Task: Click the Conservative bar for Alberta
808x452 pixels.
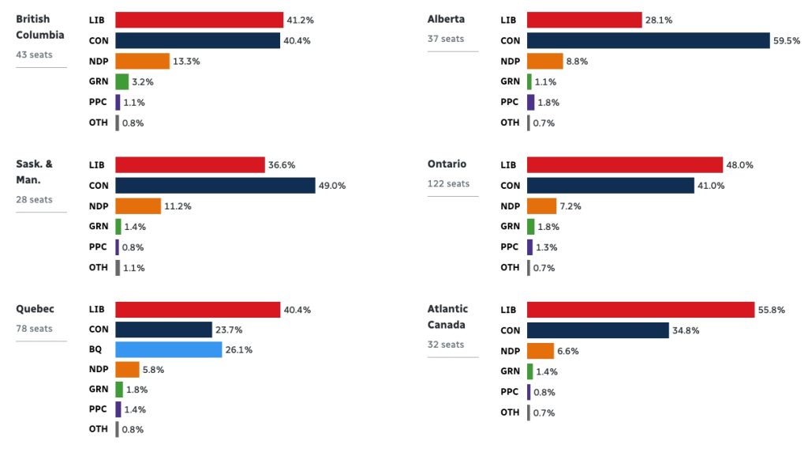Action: [x=648, y=40]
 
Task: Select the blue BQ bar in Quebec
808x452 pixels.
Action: [x=168, y=349]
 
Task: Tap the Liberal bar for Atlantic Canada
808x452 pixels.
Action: [x=641, y=310]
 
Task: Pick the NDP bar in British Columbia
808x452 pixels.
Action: [x=142, y=61]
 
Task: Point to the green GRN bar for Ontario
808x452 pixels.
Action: [x=530, y=226]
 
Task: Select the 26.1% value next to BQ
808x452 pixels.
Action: [x=238, y=349]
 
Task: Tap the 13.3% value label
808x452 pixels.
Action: [x=185, y=61]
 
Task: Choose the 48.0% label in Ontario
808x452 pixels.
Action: [x=739, y=164]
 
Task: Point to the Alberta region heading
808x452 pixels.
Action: [x=446, y=19]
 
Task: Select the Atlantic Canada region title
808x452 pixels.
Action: [x=447, y=317]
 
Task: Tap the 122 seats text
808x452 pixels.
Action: [x=448, y=184]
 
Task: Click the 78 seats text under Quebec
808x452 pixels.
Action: [x=34, y=329]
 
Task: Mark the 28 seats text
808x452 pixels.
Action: [x=34, y=200]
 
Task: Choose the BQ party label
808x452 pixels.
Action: [x=96, y=350]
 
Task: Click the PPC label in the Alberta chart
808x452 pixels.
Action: [x=510, y=102]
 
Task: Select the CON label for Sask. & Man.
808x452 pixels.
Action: [x=99, y=186]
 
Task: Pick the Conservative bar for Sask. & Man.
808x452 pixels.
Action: [x=215, y=185]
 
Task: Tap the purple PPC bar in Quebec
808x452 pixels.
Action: [x=118, y=409]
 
